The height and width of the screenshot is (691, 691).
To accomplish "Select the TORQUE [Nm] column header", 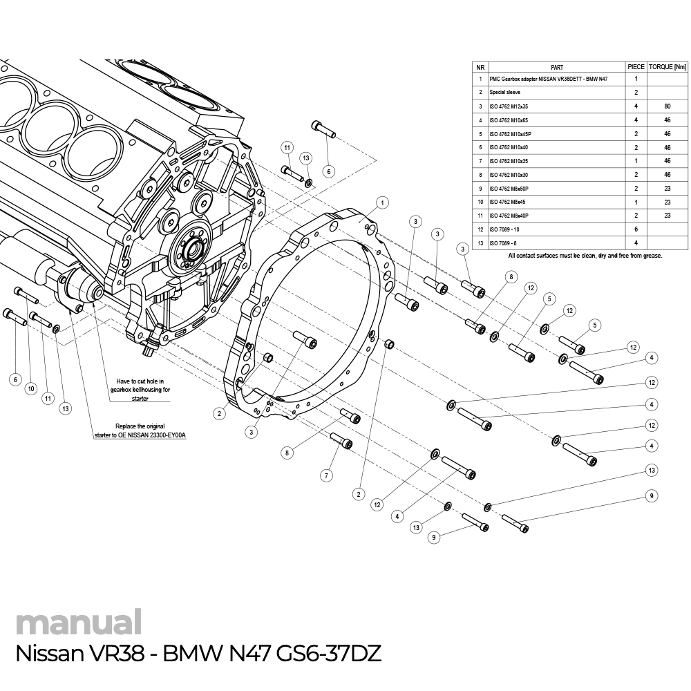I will tap(668, 67).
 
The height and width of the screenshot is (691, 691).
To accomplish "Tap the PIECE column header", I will tap(635, 67).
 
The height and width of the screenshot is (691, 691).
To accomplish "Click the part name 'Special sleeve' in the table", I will tap(504, 92).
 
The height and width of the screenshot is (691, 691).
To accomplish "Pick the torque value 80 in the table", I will tap(668, 106).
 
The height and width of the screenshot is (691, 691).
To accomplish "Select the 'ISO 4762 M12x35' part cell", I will tap(509, 106).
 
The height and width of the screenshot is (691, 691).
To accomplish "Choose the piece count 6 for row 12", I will tap(635, 229).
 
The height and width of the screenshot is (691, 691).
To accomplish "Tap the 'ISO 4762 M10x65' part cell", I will tap(509, 120).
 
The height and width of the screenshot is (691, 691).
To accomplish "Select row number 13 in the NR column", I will tap(480, 243).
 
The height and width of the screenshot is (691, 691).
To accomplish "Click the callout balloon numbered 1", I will tap(381, 202).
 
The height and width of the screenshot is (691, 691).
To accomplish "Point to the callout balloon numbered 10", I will tap(30, 389).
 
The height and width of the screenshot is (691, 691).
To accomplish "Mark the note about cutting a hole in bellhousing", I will tap(140, 390).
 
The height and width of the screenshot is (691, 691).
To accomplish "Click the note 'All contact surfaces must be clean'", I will tap(585, 256).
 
